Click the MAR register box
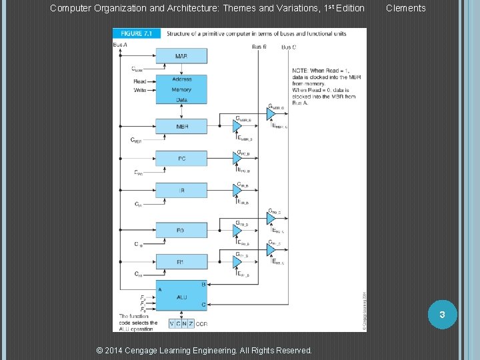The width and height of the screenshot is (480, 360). pyautogui.click(x=181, y=56)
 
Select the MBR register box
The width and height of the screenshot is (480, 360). pyautogui.click(x=181, y=126)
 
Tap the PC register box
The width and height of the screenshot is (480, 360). pyautogui.click(x=181, y=158)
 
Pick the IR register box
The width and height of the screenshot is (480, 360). pyautogui.click(x=181, y=190)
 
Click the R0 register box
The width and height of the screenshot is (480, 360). pyautogui.click(x=181, y=229)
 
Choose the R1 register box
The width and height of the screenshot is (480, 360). pyautogui.click(x=181, y=262)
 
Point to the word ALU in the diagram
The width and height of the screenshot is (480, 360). pyautogui.click(x=181, y=297)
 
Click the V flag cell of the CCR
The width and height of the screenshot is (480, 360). pyautogui.click(x=171, y=323)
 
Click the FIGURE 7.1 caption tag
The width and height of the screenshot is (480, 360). pyautogui.click(x=136, y=33)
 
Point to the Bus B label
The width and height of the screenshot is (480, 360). pyautogui.click(x=259, y=47)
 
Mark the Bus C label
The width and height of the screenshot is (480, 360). pyautogui.click(x=289, y=47)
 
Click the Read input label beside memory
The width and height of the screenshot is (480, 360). pyautogui.click(x=140, y=81)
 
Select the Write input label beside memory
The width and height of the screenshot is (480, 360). pyautogui.click(x=140, y=89)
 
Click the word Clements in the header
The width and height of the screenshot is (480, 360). pyautogui.click(x=405, y=8)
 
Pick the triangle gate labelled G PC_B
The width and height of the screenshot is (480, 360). pyautogui.click(x=237, y=160)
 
